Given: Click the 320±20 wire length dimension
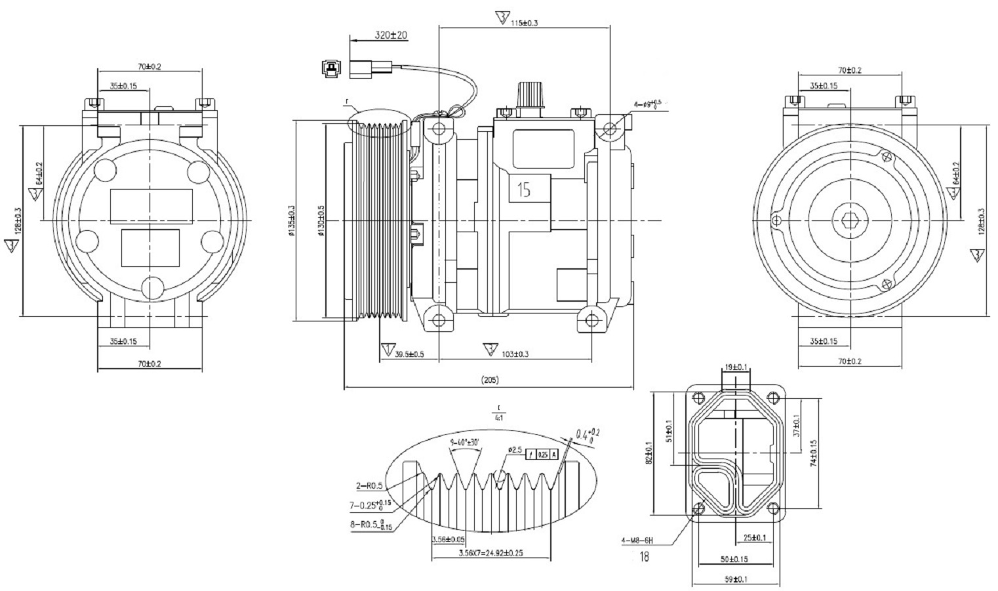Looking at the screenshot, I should coord(391,35).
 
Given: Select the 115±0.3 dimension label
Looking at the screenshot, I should coord(525,23).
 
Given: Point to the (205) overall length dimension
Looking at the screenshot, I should coord(490,380).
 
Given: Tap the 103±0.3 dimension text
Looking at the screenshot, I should coord(516,354).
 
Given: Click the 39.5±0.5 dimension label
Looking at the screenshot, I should coord(409,354).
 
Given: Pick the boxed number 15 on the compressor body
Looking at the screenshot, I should coord(523,190).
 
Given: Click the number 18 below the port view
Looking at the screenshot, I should coord(644,557).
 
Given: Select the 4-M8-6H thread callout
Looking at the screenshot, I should coord(637,541).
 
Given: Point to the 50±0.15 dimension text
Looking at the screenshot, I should coord(734,560).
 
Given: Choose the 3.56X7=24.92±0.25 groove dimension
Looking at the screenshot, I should coord(490,554).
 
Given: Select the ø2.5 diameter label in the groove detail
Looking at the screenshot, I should coord(514,450).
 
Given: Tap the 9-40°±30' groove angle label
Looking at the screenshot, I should coord(466,443).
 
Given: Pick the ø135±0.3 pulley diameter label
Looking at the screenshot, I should coord(292,222).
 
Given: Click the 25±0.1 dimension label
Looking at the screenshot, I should coord(754,538).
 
